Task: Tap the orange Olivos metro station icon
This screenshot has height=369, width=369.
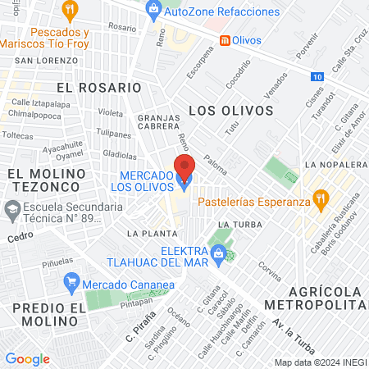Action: pos(224,39)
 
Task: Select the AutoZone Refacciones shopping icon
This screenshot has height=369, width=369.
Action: pos(152,10)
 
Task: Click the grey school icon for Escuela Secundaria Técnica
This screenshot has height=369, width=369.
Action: pos(12,212)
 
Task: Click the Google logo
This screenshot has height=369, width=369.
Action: pos(27,359)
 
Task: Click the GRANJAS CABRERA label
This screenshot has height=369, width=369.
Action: pos(158,122)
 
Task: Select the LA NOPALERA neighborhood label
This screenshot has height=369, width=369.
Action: pos(334,165)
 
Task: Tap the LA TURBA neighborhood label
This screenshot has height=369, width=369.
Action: pos(239,224)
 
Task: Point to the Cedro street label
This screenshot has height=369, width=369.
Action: pos(18,237)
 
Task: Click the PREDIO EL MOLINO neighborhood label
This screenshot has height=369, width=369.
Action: pos(49,315)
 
